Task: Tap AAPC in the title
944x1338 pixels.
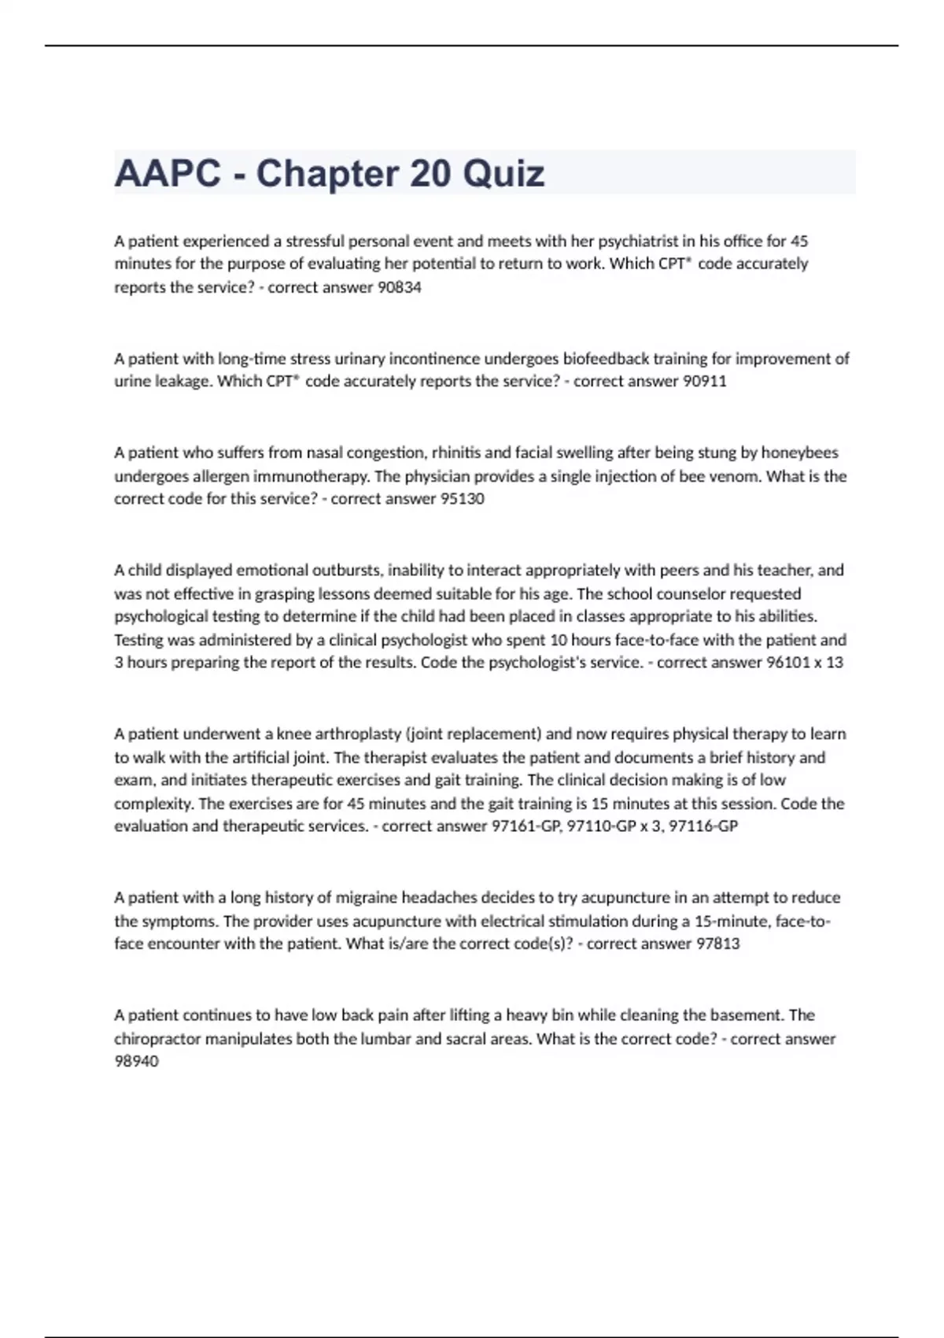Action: click(168, 173)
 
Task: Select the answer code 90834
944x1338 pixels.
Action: click(400, 287)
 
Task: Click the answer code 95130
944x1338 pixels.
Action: click(463, 498)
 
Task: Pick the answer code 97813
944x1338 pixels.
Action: click(718, 943)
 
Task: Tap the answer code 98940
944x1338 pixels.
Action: click(136, 1061)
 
